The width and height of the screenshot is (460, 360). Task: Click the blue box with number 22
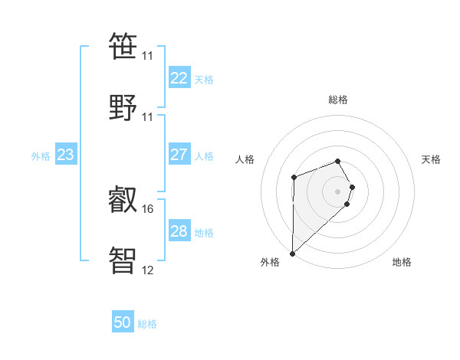click(179, 78)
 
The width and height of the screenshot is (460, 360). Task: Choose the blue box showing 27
click(179, 155)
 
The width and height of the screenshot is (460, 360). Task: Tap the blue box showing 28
click(179, 232)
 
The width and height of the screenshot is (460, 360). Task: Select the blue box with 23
click(66, 155)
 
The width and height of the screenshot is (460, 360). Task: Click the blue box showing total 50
click(123, 323)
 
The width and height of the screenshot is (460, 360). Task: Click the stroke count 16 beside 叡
click(148, 208)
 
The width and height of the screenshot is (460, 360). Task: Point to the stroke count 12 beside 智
click(148, 270)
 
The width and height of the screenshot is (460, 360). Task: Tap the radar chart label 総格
click(338, 100)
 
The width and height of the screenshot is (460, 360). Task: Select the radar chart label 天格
click(432, 159)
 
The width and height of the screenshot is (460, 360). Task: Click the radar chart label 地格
click(402, 262)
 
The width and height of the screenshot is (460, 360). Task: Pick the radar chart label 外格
click(270, 262)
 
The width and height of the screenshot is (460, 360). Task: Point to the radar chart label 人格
click(245, 159)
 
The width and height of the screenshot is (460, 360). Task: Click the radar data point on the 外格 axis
click(292, 253)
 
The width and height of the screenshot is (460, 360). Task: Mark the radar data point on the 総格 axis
click(338, 161)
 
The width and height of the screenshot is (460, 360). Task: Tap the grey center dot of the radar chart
click(338, 191)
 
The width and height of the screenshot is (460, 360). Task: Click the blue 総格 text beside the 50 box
click(147, 324)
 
